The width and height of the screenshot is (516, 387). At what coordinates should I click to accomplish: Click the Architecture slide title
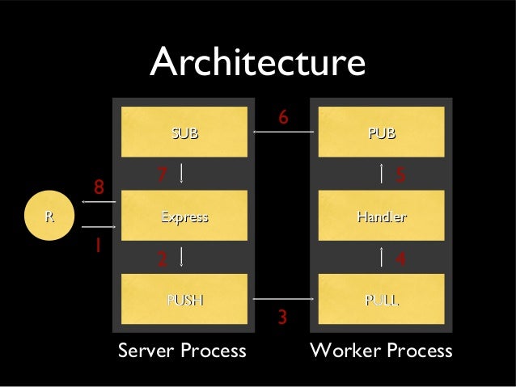coord(257,63)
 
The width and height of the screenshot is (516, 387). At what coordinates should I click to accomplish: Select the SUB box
coord(184,132)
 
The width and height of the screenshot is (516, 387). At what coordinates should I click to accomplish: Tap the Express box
coord(184,216)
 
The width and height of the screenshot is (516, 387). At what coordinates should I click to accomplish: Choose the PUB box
coord(381,132)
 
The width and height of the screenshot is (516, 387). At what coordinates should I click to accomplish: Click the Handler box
coord(381,216)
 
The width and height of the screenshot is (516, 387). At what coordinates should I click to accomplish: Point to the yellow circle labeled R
coord(49,216)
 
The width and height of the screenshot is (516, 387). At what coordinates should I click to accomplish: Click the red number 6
coord(283,118)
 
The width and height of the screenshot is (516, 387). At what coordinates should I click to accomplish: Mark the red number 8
coord(99,187)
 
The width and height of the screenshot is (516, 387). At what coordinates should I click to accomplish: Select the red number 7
coord(162,175)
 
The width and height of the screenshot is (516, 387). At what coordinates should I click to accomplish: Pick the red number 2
coord(162,259)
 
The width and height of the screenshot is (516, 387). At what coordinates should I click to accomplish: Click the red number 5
coord(400,175)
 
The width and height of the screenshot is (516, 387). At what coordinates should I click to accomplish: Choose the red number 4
coord(400,259)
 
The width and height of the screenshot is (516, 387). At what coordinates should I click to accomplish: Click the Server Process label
coord(182,351)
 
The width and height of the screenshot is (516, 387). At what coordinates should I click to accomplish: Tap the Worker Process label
coord(381,351)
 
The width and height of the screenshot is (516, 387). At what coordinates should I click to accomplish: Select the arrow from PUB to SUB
coord(282,133)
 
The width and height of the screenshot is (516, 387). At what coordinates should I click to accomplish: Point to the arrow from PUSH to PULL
coord(282,300)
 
